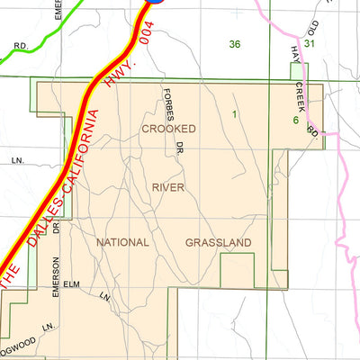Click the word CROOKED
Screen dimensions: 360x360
[x=168, y=130]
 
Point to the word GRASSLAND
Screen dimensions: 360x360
[x=219, y=243]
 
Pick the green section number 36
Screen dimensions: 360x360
[x=235, y=44]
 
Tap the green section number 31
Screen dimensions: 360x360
[x=310, y=43]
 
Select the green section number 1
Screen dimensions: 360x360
[x=233, y=114]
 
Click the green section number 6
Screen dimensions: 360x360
[x=295, y=120]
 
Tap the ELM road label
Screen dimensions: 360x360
[x=72, y=285]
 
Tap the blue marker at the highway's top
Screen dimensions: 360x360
[x=155, y=2]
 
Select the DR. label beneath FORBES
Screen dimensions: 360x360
[x=179, y=145]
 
